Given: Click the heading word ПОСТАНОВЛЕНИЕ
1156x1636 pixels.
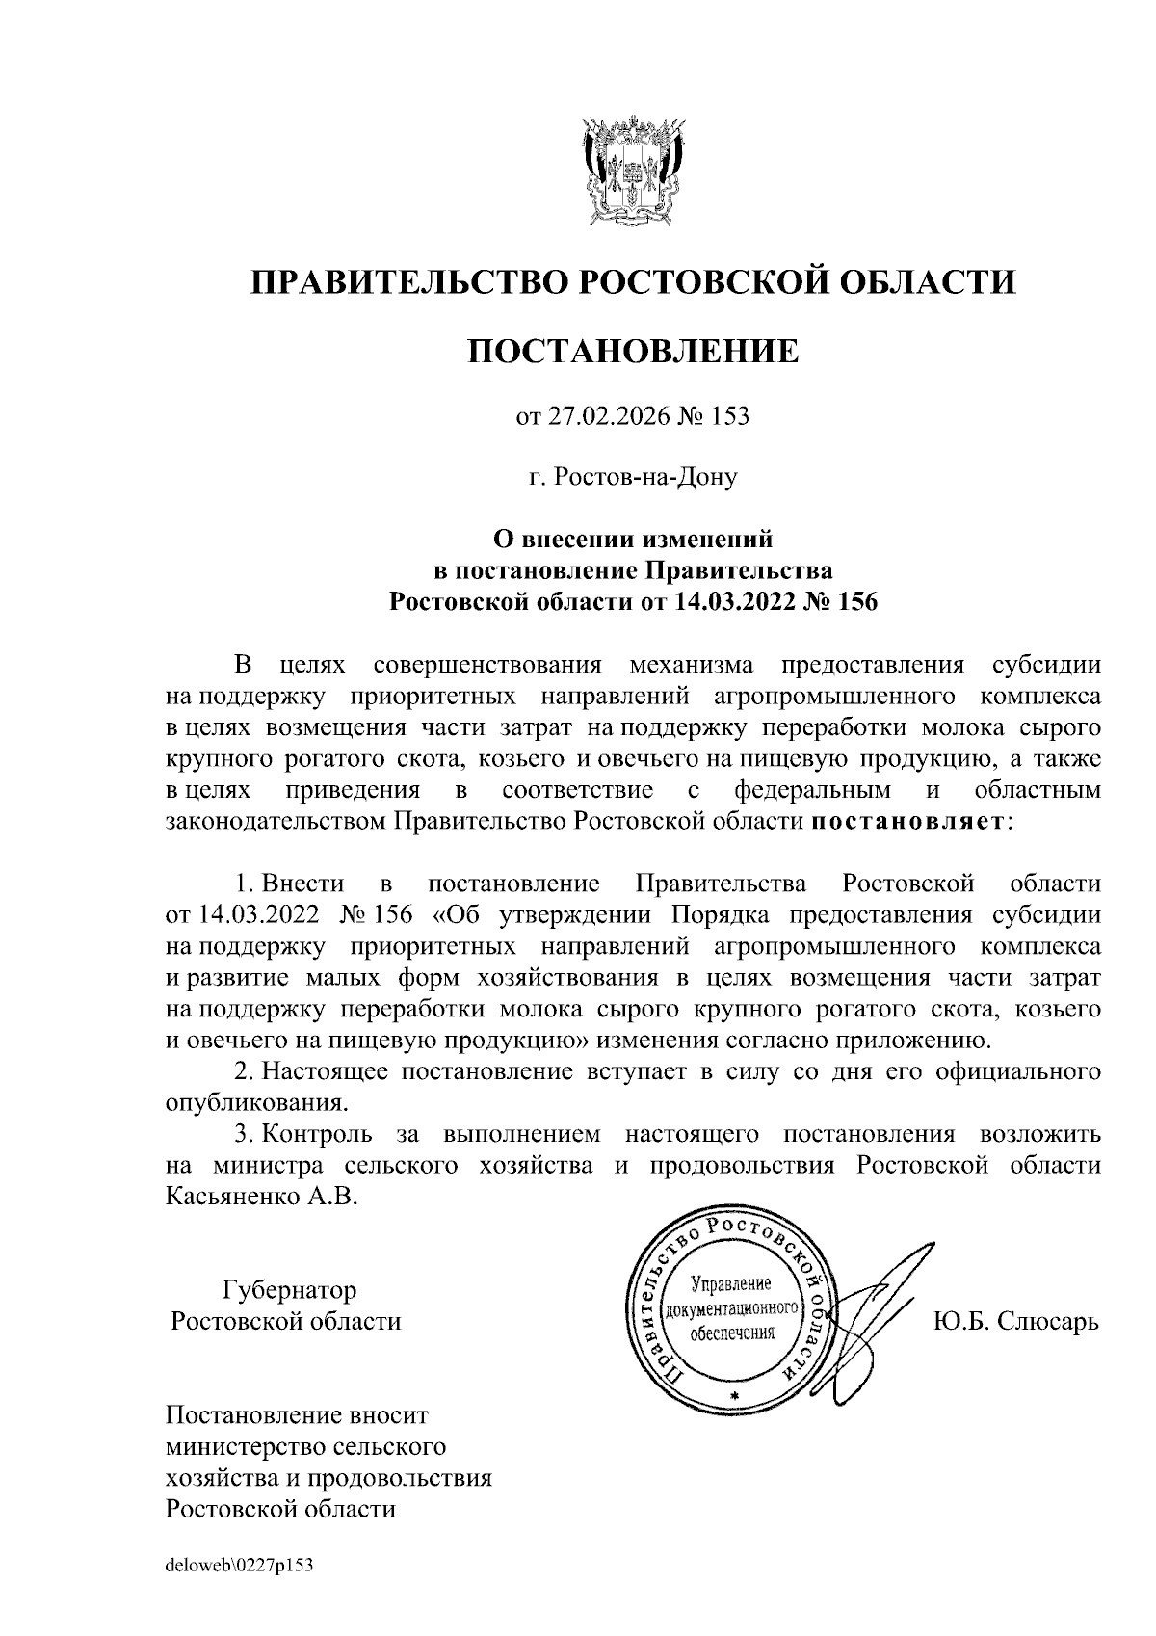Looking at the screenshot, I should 633,351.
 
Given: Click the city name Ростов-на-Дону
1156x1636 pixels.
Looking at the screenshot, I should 644,477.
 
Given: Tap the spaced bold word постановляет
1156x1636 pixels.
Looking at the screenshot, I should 908,822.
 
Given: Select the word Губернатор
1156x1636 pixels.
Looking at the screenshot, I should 289,1289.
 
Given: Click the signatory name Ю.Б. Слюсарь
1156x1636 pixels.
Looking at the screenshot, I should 1015,1321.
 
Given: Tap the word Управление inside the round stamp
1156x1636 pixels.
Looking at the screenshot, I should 732,1285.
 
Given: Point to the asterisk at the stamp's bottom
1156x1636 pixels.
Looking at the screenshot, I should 734,1395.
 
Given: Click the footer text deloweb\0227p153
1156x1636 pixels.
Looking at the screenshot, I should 241,1567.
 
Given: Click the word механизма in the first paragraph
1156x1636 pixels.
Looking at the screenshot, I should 691,665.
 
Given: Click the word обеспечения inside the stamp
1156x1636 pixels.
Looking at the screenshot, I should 732,1334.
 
